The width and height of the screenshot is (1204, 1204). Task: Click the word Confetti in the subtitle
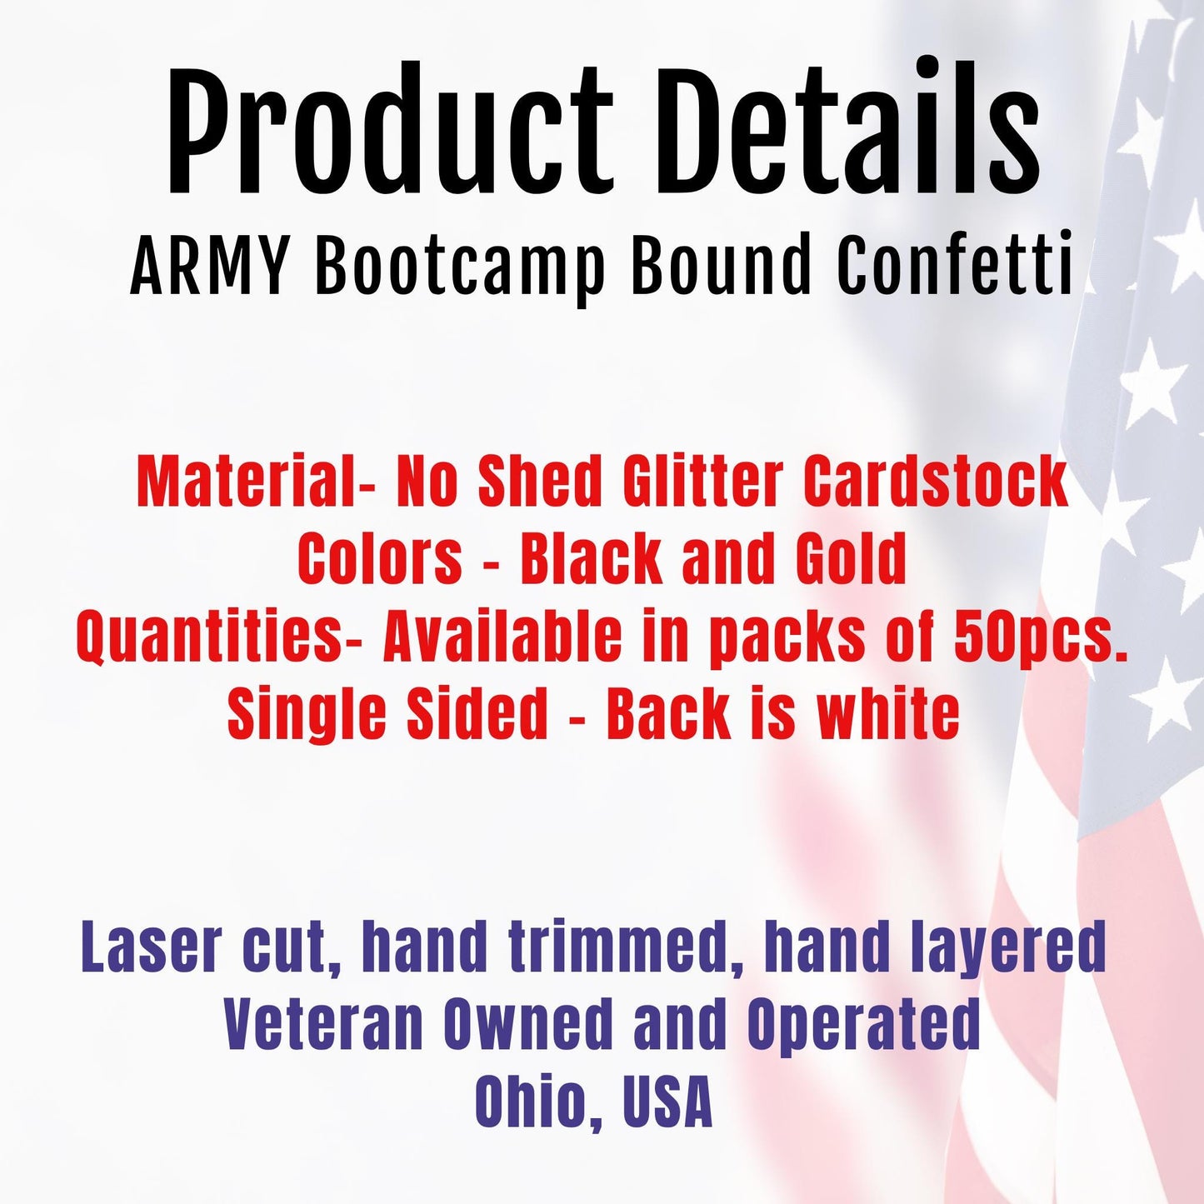click(x=955, y=267)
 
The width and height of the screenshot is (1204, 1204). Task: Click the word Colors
click(x=380, y=558)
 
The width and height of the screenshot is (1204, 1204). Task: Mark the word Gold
click(x=851, y=558)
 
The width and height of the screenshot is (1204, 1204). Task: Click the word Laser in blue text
click(x=152, y=947)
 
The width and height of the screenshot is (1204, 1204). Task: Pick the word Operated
click(x=863, y=1024)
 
